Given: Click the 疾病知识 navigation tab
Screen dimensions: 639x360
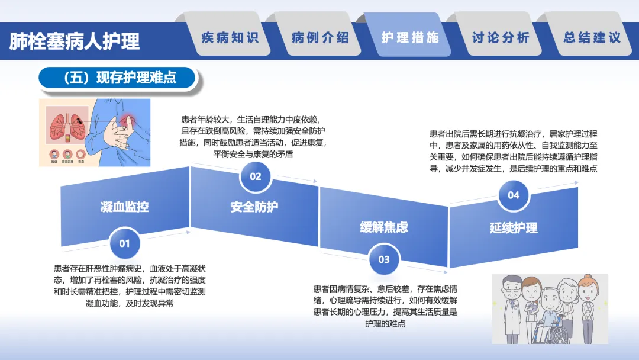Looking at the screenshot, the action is click(x=230, y=38).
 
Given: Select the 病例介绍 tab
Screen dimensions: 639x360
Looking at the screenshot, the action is click(x=320, y=38).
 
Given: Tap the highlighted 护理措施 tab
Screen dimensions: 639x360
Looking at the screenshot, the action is click(x=410, y=38).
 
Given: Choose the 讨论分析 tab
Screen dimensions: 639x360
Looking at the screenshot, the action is click(x=501, y=38).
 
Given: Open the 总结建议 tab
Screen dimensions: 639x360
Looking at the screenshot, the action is click(x=592, y=38).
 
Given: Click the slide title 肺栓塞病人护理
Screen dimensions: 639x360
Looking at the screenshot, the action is click(x=75, y=41).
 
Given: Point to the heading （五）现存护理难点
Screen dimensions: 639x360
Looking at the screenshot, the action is click(x=117, y=78).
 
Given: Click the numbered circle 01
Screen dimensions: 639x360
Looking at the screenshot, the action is click(x=124, y=243).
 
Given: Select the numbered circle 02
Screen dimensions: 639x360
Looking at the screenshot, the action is click(x=255, y=176).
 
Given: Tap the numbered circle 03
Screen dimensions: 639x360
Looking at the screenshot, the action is click(x=384, y=259).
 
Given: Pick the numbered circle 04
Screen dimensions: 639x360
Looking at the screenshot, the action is click(x=513, y=195).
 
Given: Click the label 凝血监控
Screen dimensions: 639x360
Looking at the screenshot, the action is click(x=124, y=207).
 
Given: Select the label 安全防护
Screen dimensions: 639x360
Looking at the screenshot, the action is click(x=254, y=207).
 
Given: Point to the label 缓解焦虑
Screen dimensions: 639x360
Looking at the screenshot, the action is click(x=384, y=227).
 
